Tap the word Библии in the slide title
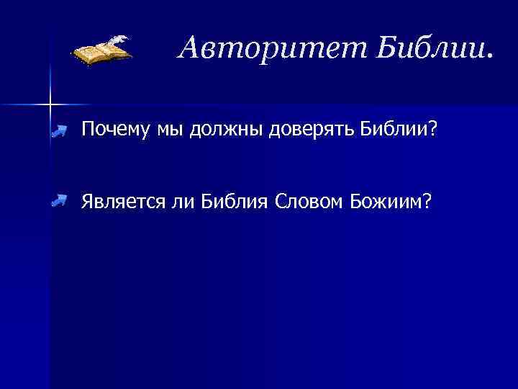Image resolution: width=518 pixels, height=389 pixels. (424, 48)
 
